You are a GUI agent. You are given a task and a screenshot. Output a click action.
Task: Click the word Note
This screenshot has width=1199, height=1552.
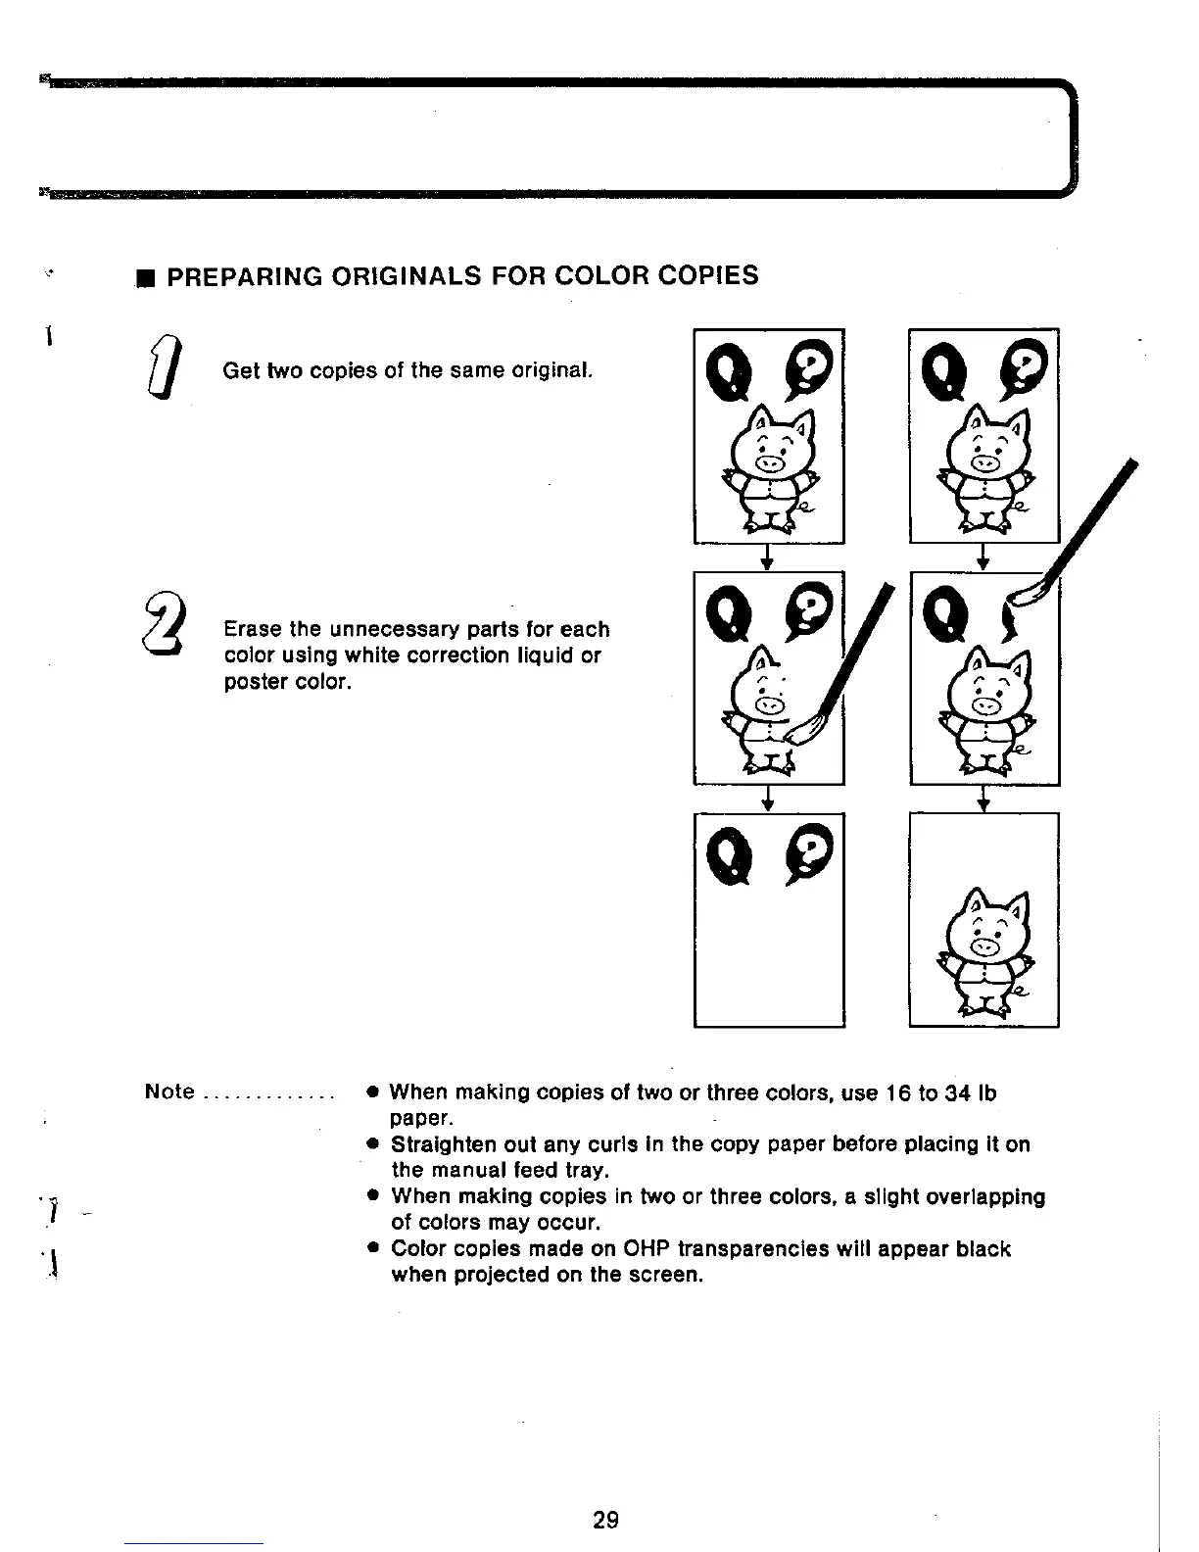click(169, 1091)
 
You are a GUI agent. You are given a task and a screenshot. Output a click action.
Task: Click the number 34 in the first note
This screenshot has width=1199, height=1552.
click(957, 1091)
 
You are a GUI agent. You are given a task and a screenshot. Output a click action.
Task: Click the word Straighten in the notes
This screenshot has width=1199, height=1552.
click(448, 1144)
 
